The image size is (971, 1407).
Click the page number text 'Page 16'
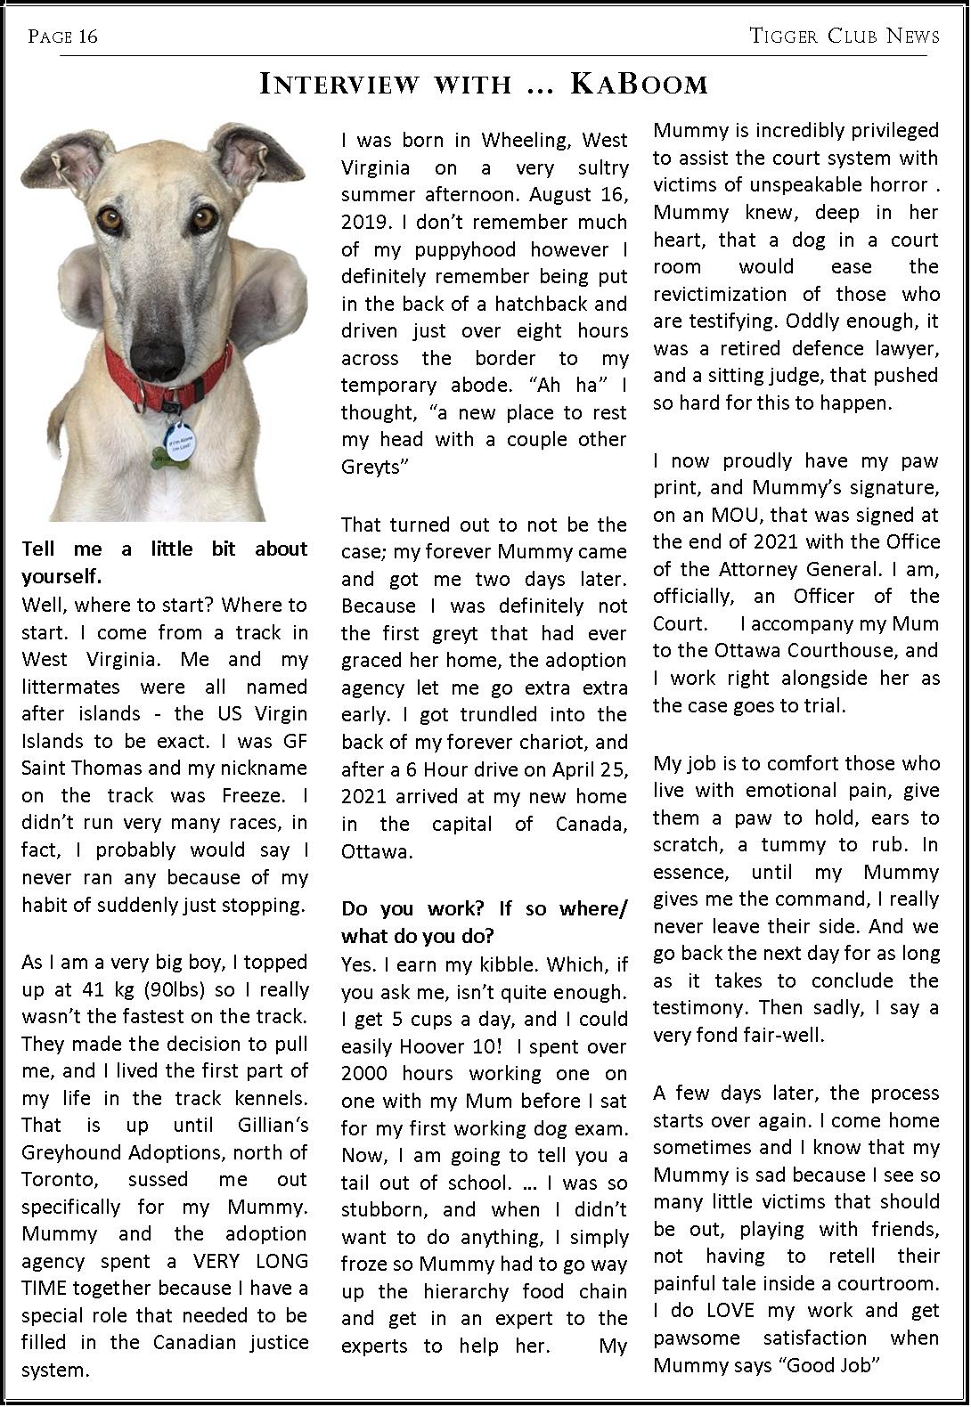[62, 37]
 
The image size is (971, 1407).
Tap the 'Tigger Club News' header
[844, 36]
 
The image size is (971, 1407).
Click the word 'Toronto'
[59, 1180]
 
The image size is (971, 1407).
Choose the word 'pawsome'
[697, 1338]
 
